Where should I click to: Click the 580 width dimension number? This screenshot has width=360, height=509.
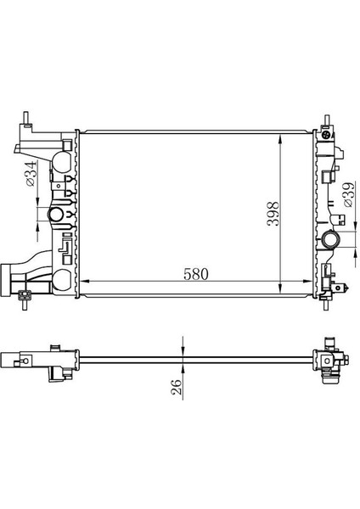(x=194, y=274)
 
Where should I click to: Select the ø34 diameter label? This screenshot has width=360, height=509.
(x=31, y=176)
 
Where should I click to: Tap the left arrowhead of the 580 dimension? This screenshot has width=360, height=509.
(x=82, y=282)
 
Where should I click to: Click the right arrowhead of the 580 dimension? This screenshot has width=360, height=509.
(x=310, y=282)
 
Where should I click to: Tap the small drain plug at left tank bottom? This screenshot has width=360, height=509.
(x=25, y=296)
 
